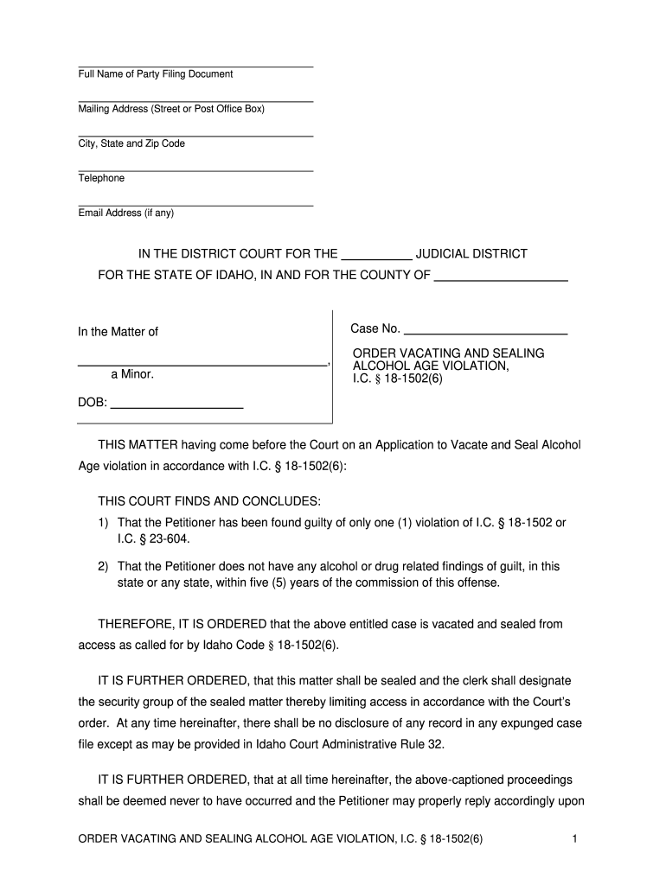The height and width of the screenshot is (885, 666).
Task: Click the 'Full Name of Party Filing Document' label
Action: (x=156, y=74)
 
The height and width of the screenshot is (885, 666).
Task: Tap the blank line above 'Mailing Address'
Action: (x=195, y=101)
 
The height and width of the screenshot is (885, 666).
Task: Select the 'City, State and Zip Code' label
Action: (x=131, y=143)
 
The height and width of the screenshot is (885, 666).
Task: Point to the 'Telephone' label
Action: (x=101, y=178)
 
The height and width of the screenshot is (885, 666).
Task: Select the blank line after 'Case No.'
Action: (x=485, y=332)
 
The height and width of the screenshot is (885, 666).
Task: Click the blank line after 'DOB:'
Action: (x=177, y=406)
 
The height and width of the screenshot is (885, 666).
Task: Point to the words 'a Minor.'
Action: (x=131, y=375)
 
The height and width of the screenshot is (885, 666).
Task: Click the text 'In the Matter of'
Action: (x=118, y=332)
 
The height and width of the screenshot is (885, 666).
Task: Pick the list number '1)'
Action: (x=103, y=523)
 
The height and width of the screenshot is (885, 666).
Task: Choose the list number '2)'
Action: (x=103, y=566)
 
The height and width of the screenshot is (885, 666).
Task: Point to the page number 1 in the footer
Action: (x=574, y=839)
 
